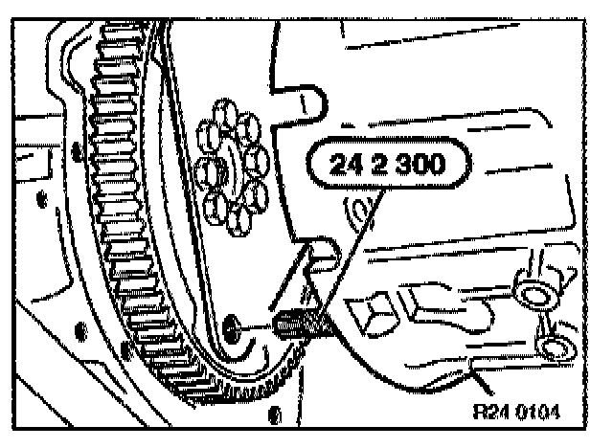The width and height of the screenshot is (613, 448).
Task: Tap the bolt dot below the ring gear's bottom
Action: [275, 414]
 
